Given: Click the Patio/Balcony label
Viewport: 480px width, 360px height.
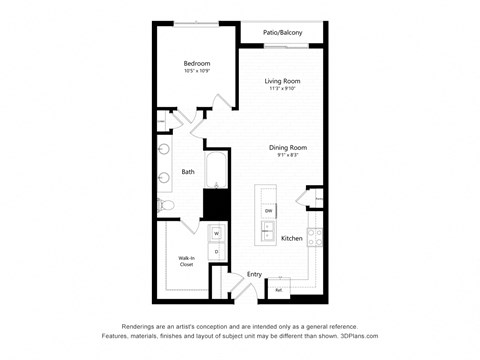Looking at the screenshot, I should click(282, 33).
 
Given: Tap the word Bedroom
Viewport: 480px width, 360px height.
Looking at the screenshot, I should click(195, 64).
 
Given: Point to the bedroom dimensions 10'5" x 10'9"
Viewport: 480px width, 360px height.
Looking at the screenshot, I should click(195, 72).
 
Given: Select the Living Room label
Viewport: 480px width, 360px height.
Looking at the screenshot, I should click(283, 81).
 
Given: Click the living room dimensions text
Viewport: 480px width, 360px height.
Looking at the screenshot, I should click(283, 89).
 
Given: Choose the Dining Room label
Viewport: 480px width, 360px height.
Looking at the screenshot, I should click(287, 148).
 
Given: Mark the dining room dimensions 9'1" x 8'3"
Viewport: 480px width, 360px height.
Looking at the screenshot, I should click(287, 156).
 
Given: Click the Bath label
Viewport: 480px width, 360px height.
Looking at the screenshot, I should click(188, 172).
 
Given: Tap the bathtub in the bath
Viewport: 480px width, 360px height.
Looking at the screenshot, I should click(214, 169).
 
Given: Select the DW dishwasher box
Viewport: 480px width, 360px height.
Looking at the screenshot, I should click(268, 211).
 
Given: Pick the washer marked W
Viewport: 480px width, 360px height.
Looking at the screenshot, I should click(216, 235).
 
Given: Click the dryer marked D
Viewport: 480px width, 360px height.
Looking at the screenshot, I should click(216, 251).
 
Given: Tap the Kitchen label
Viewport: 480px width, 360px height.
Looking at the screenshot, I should click(292, 239).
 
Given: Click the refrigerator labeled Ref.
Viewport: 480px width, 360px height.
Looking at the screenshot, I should click(279, 291).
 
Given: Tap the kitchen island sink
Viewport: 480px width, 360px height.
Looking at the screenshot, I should click(268, 232).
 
